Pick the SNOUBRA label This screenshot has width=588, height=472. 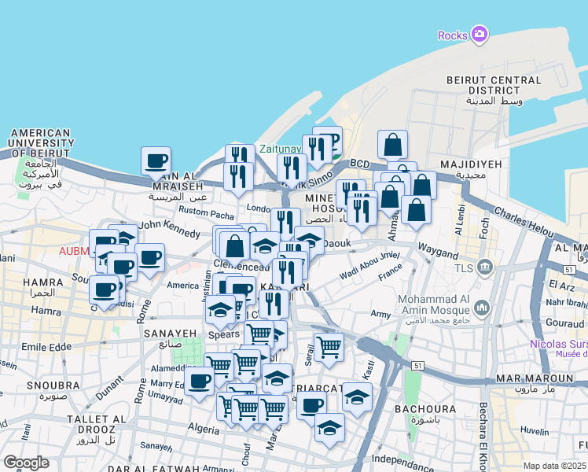[x=31, y=385]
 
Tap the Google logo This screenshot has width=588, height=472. [x=26, y=463]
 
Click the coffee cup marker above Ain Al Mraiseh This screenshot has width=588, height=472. [x=156, y=161]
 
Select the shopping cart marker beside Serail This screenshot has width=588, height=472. [x=329, y=345]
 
